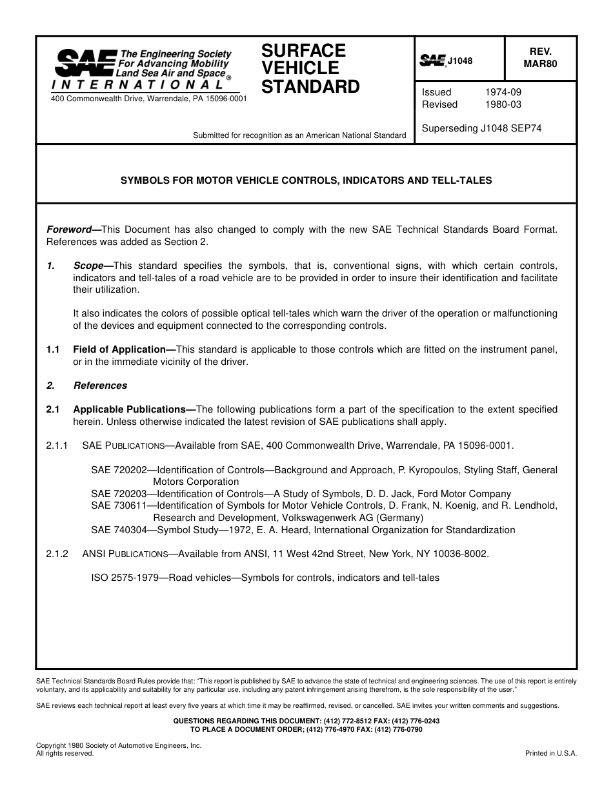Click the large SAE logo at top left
pos(85,64)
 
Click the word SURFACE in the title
pos(303,50)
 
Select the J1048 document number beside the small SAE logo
pos(460,61)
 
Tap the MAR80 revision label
pos(540,63)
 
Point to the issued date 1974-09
pos(503,92)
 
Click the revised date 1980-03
pos(503,104)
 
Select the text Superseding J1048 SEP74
pos(481,128)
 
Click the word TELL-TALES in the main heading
pos(465,181)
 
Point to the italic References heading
pos(100,386)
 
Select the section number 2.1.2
pos(57,554)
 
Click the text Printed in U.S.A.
pos(551,753)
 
